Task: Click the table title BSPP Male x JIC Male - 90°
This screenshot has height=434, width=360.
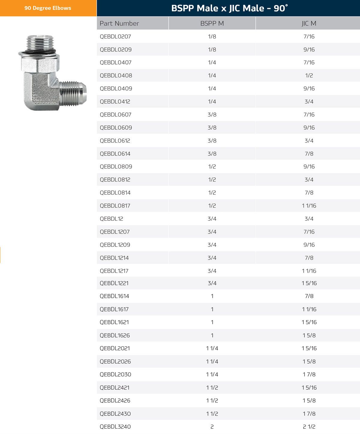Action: [229, 8]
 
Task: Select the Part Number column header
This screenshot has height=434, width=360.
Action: [119, 23]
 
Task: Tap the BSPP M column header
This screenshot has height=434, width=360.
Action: [212, 23]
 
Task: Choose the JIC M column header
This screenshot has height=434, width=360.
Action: [309, 23]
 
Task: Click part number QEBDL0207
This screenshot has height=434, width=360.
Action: [115, 37]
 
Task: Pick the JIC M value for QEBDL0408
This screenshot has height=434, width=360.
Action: [309, 75]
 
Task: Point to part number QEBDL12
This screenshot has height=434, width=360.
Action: [111, 219]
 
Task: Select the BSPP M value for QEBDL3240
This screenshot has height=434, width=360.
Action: [212, 427]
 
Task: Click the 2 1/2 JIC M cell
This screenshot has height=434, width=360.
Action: [309, 427]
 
